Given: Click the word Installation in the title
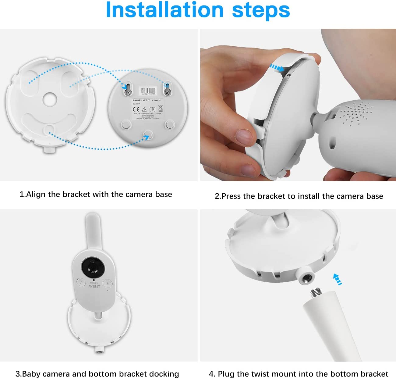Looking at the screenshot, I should click(x=164, y=10).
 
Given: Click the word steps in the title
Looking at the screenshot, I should click(x=261, y=10).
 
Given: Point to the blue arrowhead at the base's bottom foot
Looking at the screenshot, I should click(x=147, y=138).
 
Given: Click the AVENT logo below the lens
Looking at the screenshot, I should click(x=94, y=286).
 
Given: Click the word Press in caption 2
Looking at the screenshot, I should click(x=231, y=196).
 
